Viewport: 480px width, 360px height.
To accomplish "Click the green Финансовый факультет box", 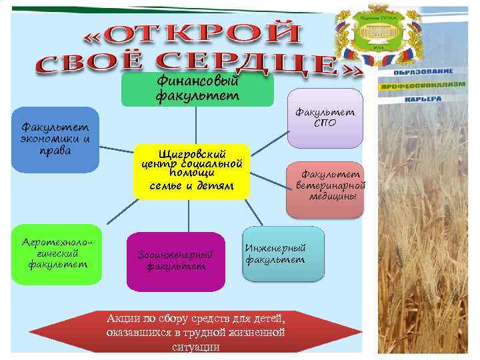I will coord(197,89).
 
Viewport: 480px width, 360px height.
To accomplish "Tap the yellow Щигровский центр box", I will coord(191,171).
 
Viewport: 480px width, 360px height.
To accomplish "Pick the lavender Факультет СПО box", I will coord(325,117).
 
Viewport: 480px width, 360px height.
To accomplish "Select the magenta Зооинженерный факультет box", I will coord(175,261).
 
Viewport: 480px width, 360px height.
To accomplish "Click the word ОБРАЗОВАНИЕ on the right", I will coord(423,71).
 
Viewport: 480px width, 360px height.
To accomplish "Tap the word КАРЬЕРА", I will coord(423,99).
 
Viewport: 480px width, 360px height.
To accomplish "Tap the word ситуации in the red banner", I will coord(195,347).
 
